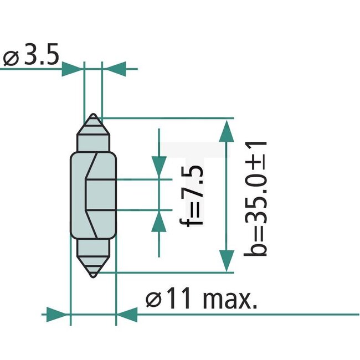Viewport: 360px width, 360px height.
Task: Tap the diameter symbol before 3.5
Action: (12, 58)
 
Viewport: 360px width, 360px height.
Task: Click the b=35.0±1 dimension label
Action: (256, 198)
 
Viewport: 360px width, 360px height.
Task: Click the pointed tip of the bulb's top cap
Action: (93, 114)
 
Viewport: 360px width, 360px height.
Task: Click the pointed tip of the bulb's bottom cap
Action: (93, 276)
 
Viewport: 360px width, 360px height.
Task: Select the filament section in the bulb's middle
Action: (93, 194)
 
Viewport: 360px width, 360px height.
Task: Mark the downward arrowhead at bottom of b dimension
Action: (225, 259)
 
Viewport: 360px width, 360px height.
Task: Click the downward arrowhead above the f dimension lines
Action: (159, 166)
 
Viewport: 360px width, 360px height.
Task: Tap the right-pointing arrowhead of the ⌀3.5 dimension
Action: (72, 69)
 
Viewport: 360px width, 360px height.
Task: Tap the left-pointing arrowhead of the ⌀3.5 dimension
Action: (114, 69)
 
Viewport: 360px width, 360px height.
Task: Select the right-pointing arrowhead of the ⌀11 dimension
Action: (58, 315)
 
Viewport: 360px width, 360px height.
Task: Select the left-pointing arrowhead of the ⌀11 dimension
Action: (128, 315)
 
